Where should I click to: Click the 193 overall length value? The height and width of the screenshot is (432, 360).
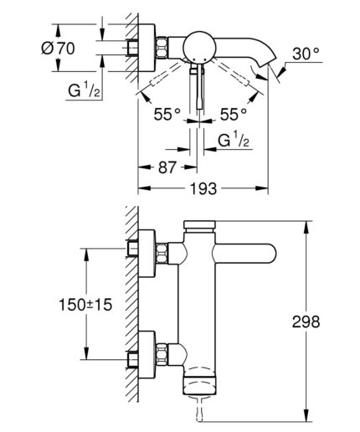202,190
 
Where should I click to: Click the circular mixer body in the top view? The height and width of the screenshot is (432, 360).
198,46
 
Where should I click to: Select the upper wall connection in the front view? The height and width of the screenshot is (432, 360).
152,249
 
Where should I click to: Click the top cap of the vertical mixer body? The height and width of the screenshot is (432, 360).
198,224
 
